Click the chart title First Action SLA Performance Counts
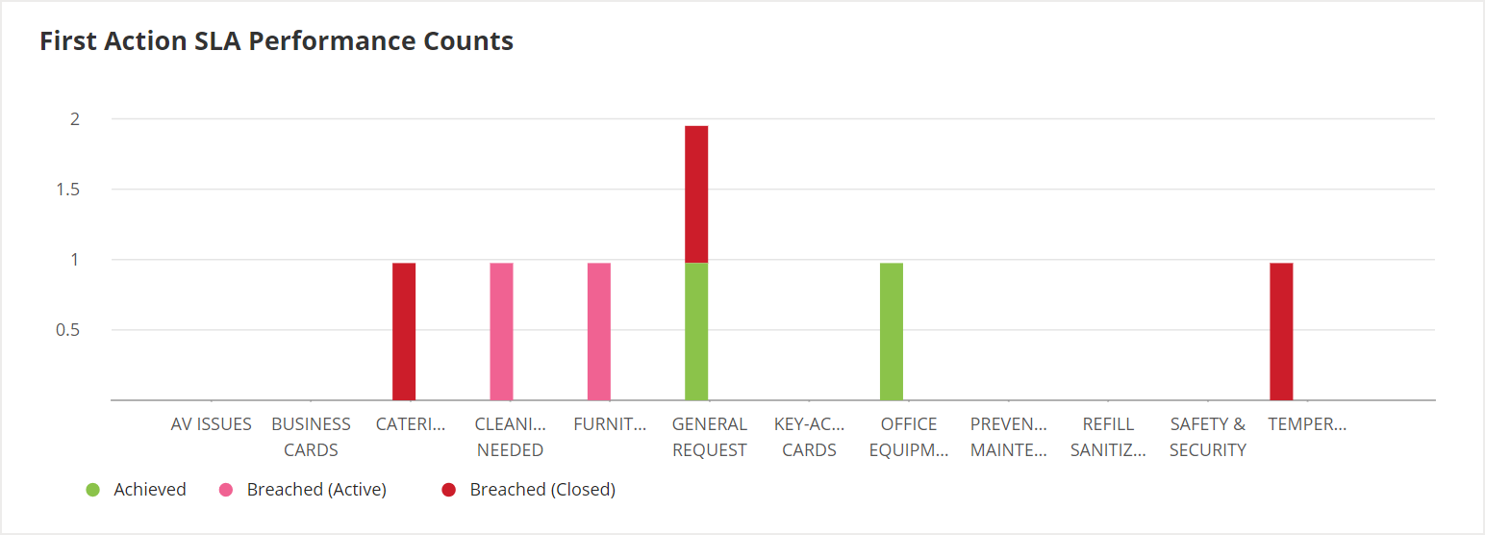[276, 41]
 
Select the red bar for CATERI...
[404, 331]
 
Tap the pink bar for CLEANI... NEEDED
[501, 331]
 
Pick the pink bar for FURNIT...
[599, 331]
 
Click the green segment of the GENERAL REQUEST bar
[696, 331]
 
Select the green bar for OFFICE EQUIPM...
[892, 331]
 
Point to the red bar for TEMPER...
[1281, 331]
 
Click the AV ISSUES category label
[212, 424]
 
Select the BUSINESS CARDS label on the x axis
[311, 437]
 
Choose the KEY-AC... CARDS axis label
[809, 437]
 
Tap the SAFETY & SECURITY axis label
[1208, 437]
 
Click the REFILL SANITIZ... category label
[1108, 437]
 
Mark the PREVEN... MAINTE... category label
[1008, 437]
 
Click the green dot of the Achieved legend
[92, 490]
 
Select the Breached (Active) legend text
[316, 490]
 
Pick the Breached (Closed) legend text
[542, 490]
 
